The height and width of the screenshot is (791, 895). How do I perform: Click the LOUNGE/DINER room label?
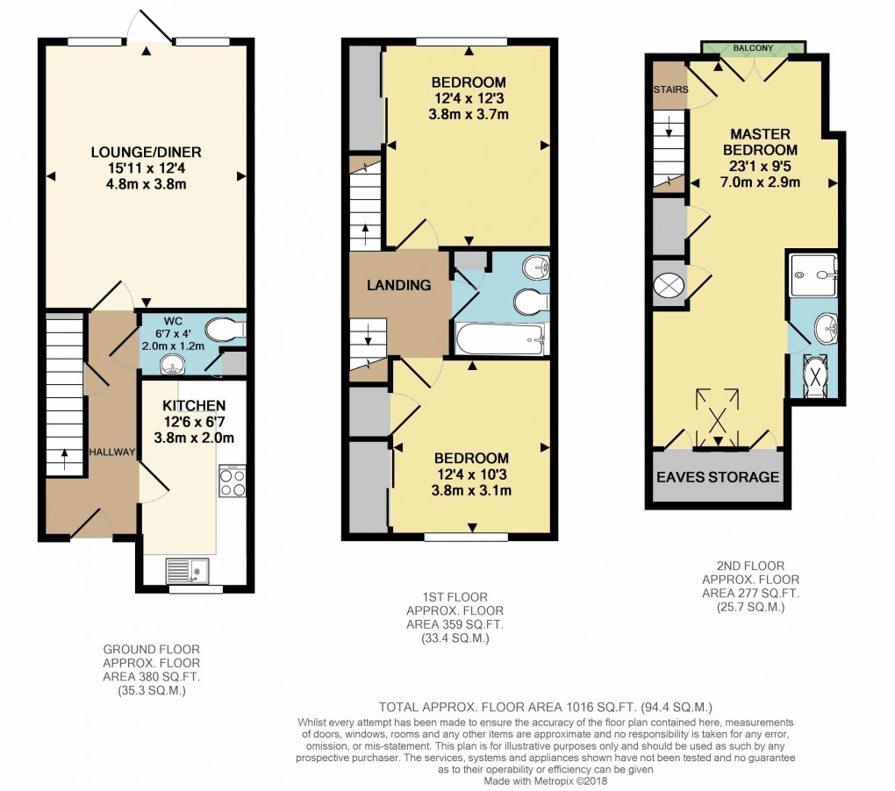click(146, 153)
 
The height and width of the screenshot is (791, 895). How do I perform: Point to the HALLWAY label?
click(111, 452)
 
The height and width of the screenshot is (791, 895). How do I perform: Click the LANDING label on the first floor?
click(399, 285)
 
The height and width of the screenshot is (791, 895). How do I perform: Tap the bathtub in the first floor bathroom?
click(498, 338)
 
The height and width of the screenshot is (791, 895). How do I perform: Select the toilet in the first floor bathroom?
click(531, 302)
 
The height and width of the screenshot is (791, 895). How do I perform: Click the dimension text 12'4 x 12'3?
click(469, 99)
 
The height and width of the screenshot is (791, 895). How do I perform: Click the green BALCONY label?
click(753, 47)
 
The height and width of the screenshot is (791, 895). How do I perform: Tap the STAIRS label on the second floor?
click(670, 89)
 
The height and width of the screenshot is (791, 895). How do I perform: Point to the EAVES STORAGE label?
click(718, 477)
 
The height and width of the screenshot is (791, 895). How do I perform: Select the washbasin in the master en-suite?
click(825, 329)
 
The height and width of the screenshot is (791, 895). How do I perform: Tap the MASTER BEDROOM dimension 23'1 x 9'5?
click(760, 167)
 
